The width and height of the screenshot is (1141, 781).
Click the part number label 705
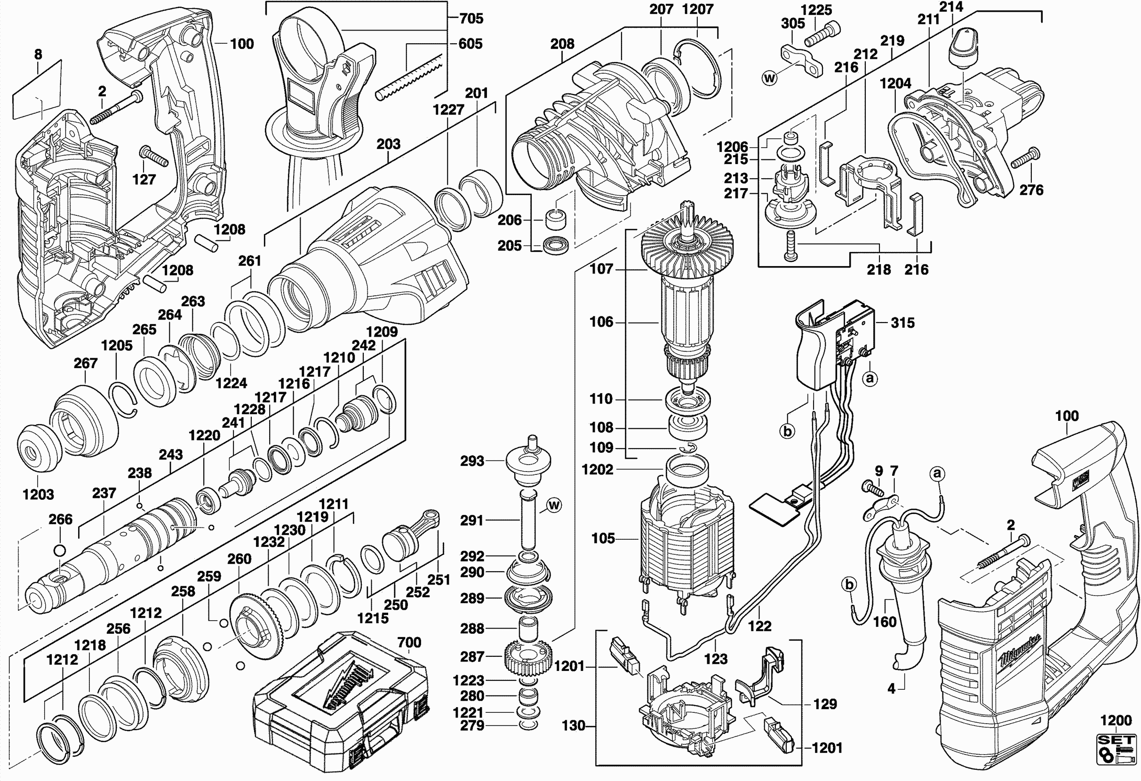pos(471,19)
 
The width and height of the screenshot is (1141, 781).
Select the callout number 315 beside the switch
pos(902,323)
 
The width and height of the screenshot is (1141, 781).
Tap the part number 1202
pos(597,469)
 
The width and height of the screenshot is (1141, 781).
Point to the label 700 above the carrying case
pos(409,642)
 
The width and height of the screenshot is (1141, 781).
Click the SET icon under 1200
pos(1117,749)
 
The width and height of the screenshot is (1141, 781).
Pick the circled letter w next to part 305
pos(769,78)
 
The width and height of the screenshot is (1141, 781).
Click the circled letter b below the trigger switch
pos(787,431)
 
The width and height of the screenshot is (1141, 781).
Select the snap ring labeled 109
pos(688,448)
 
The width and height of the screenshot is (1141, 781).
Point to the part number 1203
pos(38,494)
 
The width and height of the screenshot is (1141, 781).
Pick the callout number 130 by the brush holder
pos(573,726)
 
